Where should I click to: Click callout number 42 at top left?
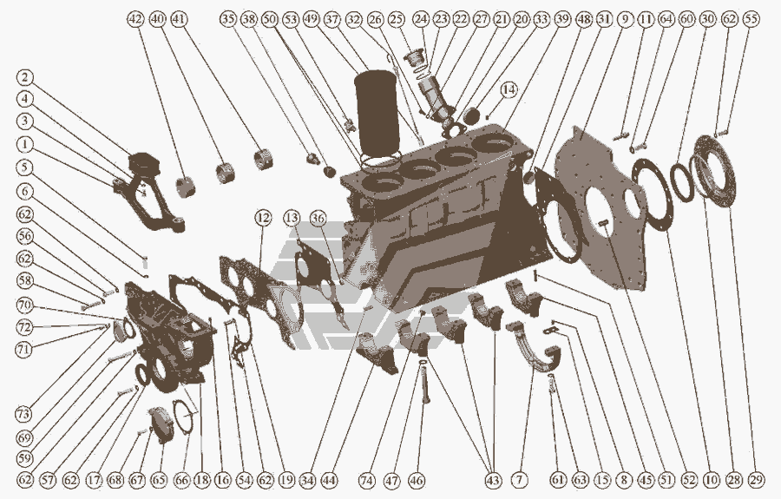pyautogui.click(x=135, y=19)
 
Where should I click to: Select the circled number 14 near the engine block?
pyautogui.click(x=509, y=89)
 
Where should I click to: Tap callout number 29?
pyautogui.click(x=756, y=480)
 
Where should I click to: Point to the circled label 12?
pyautogui.click(x=263, y=218)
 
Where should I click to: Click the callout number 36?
pyautogui.click(x=318, y=218)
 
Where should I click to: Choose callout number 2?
pyautogui.click(x=24, y=78)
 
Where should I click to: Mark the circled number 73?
pyautogui.click(x=23, y=413)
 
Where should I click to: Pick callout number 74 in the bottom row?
pyautogui.click(x=366, y=480)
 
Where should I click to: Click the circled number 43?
pyautogui.click(x=493, y=480)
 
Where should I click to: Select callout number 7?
pyautogui.click(x=519, y=480)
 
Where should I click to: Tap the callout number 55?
pyautogui.click(x=751, y=19)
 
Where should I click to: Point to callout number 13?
pyautogui.click(x=292, y=218)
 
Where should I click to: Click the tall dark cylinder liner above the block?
pyautogui.click(x=376, y=112)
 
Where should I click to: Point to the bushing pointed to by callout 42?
pyautogui.click(x=186, y=186)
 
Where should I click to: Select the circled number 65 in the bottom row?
pyautogui.click(x=159, y=480)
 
